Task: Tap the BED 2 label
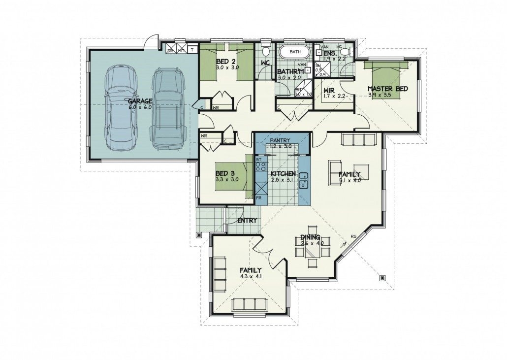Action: tap(225, 62)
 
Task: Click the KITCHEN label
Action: tap(283, 174)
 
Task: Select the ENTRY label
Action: tap(247, 220)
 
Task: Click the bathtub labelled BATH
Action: tap(295, 52)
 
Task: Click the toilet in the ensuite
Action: tap(345, 52)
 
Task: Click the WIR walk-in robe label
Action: tap(329, 90)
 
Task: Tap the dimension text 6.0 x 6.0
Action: tap(140, 106)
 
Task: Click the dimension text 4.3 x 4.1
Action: tap(251, 277)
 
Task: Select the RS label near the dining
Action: tap(353, 237)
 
